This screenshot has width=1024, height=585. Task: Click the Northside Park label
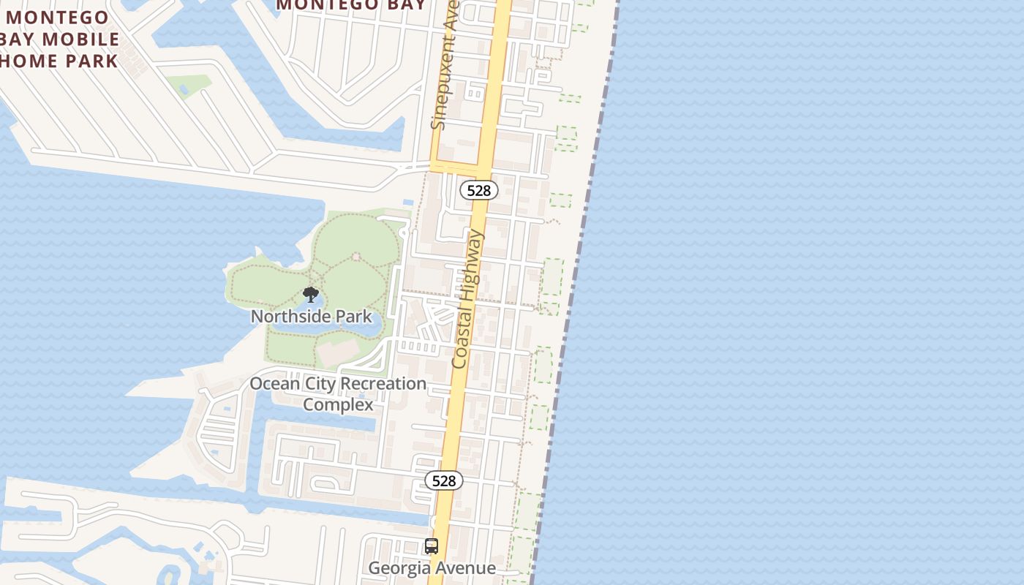click(x=311, y=317)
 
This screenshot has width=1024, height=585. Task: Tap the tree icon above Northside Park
click(x=311, y=295)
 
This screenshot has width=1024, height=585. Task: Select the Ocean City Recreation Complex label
click(x=338, y=393)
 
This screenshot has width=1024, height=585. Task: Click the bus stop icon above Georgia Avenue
click(x=432, y=546)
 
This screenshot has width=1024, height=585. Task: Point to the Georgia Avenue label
click(x=432, y=568)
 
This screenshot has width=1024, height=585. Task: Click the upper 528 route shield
click(x=479, y=190)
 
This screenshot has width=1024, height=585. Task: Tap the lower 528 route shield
click(x=444, y=480)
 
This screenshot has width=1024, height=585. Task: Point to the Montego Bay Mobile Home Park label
click(x=60, y=39)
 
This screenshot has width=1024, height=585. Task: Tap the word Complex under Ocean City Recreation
click(x=338, y=404)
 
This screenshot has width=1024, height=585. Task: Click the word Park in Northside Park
click(x=354, y=317)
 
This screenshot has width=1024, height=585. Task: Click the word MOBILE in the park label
click(x=82, y=39)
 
